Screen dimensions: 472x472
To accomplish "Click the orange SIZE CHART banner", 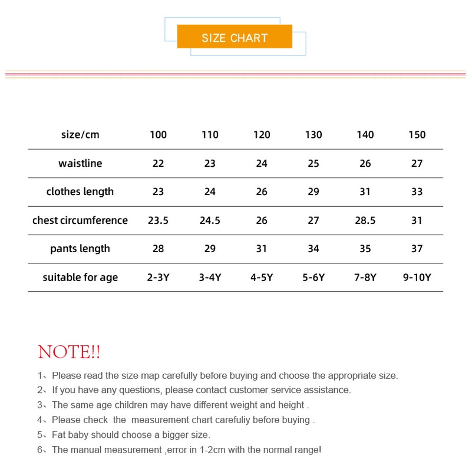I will [235, 38].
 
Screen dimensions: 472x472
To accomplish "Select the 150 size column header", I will [417, 135].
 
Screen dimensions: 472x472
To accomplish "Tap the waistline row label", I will [80, 163].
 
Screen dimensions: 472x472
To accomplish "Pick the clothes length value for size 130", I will [313, 192].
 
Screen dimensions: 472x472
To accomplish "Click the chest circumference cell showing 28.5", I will [365, 220].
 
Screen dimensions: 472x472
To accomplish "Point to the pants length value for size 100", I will [158, 249].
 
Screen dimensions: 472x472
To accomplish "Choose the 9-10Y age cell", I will [417, 278].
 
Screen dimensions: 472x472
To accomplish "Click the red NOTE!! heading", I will [69, 353].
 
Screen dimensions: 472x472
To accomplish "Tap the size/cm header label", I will [80, 135].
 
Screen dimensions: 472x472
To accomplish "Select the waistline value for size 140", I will [365, 163].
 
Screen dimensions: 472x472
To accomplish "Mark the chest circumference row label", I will [80, 220].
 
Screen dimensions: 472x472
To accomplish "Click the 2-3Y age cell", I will [158, 278].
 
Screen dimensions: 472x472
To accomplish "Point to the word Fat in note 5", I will [60, 435].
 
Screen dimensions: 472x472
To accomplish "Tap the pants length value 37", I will [417, 249].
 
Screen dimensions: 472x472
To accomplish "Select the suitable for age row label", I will [80, 278].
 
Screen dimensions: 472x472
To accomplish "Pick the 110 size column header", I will [210, 135].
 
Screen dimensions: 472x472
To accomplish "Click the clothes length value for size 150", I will [417, 192].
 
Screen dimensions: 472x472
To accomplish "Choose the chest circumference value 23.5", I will [158, 220].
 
